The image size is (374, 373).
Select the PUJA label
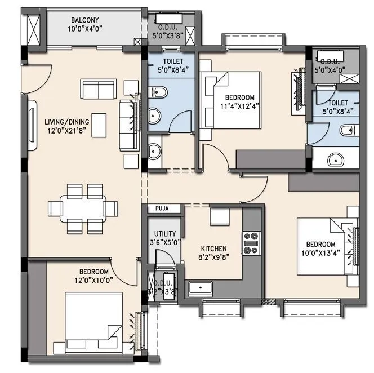point(158,209)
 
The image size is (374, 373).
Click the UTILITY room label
point(165,234)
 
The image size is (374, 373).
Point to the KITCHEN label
point(213,248)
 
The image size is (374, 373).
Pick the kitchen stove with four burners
point(250,242)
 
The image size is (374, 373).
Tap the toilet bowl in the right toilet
point(350,131)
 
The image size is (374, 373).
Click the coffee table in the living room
point(99,122)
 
